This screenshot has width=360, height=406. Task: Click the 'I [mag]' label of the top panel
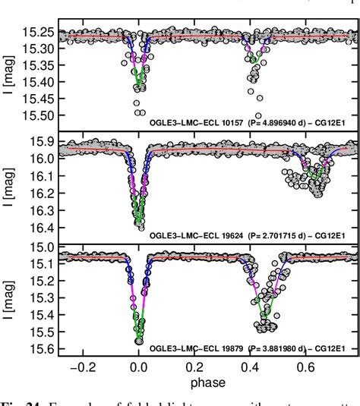9,72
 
